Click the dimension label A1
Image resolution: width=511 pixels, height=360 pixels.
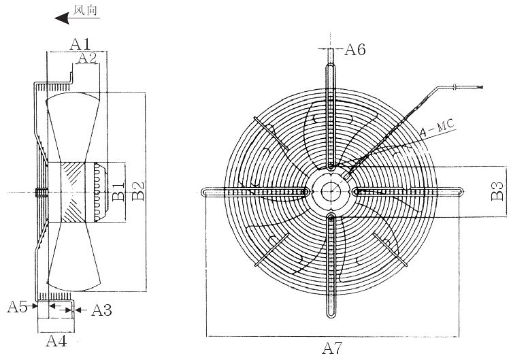80,44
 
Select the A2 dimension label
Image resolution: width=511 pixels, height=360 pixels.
87,58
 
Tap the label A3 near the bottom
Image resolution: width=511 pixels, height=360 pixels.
101,310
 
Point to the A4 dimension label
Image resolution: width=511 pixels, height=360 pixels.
56,341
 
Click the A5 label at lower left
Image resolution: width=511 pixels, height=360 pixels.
17,306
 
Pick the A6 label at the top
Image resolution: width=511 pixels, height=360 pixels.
355,50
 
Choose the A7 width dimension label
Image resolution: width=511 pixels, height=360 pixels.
332,348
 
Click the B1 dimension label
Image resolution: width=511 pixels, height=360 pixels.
118,191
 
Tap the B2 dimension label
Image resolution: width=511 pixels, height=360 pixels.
138,191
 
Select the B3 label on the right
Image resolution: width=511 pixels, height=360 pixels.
497,191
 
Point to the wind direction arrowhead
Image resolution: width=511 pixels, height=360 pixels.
62,18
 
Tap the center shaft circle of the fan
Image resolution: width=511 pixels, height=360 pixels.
331,192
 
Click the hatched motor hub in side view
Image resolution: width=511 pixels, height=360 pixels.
72,192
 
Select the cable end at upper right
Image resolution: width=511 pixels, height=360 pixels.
480,87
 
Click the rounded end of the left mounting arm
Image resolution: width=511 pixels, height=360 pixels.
203,192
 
